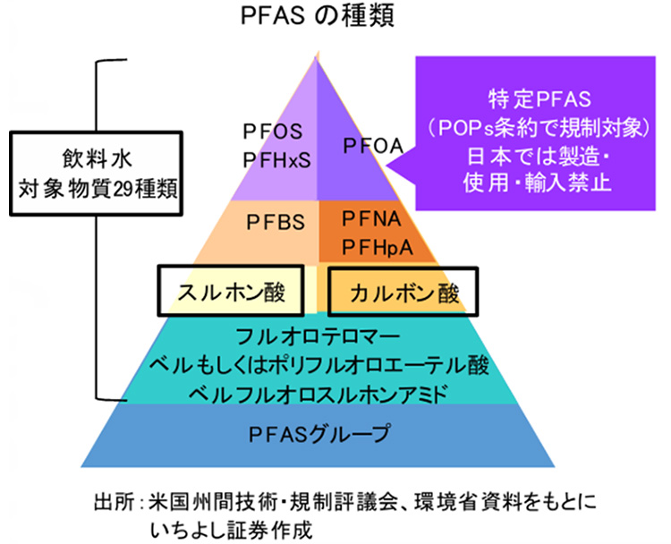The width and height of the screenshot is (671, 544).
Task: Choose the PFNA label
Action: pos(371,218)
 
